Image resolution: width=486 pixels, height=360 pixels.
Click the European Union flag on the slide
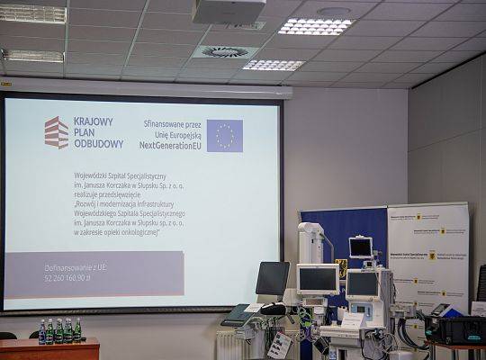(224, 136)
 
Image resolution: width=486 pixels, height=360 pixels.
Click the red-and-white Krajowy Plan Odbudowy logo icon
(57, 132)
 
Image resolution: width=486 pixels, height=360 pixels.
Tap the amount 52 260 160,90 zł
(67, 277)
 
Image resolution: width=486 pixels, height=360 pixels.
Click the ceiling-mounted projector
(228, 12)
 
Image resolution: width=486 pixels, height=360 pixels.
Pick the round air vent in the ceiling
(224, 52)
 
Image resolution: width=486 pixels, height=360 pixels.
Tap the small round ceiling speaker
(334, 12)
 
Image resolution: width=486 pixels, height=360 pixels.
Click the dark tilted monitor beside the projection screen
(272, 279)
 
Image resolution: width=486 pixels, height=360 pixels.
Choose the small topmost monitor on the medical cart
(361, 247)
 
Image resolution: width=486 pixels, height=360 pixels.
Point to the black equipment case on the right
(454, 329)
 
